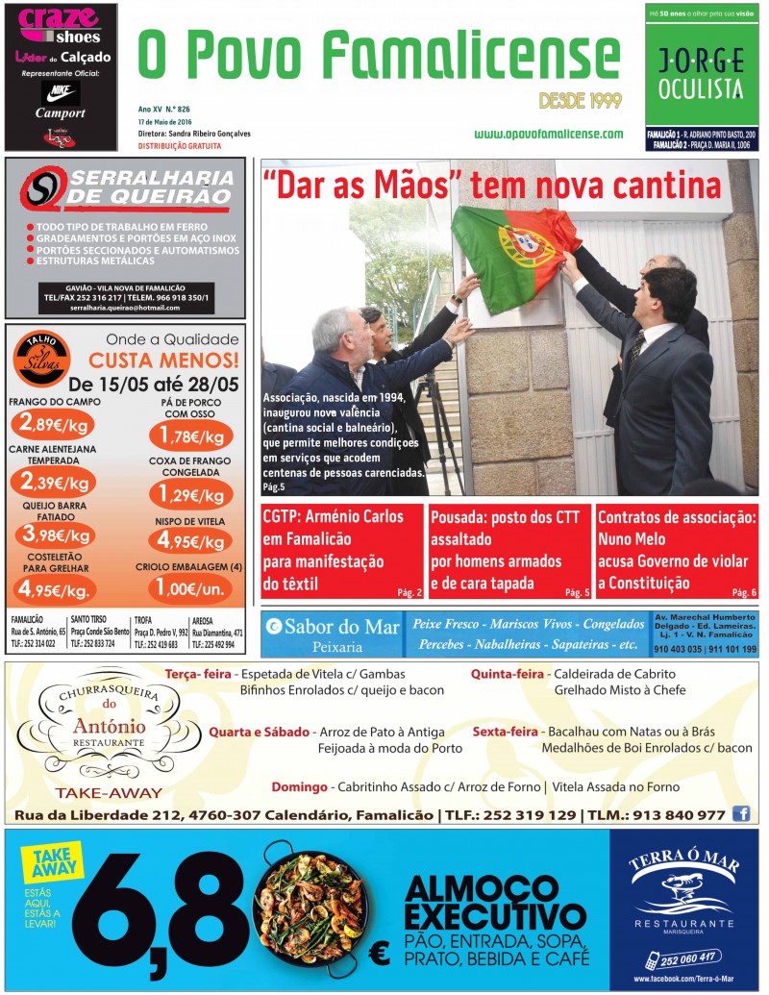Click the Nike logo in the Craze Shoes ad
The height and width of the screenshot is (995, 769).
coord(61,92)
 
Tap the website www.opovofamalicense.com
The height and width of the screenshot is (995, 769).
coord(548,134)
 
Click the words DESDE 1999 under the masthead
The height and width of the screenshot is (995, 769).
coord(579,100)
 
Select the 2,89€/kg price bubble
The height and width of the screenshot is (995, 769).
coord(53,423)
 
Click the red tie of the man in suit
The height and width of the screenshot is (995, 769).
coord(634,347)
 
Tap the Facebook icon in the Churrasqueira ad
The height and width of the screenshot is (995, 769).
coord(741,813)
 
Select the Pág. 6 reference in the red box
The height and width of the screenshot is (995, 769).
coord(744,593)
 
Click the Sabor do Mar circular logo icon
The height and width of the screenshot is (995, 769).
coord(274,627)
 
